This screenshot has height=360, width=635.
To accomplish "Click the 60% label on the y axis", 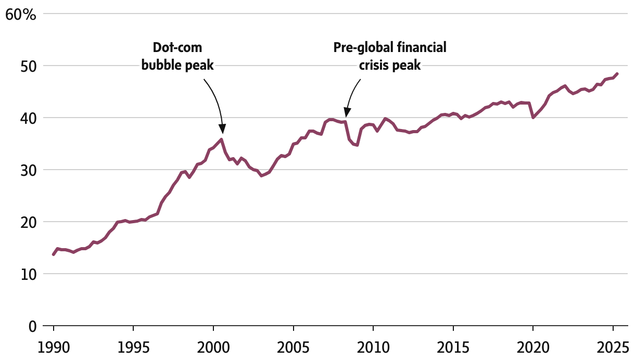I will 21,14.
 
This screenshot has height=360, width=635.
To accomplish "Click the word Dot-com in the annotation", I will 177,48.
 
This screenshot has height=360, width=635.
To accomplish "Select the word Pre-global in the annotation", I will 359,48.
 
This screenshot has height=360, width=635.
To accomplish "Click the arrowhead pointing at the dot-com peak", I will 222,129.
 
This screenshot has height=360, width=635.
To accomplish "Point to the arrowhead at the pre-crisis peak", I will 347,113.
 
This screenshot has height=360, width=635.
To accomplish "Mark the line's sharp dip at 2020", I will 533,118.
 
